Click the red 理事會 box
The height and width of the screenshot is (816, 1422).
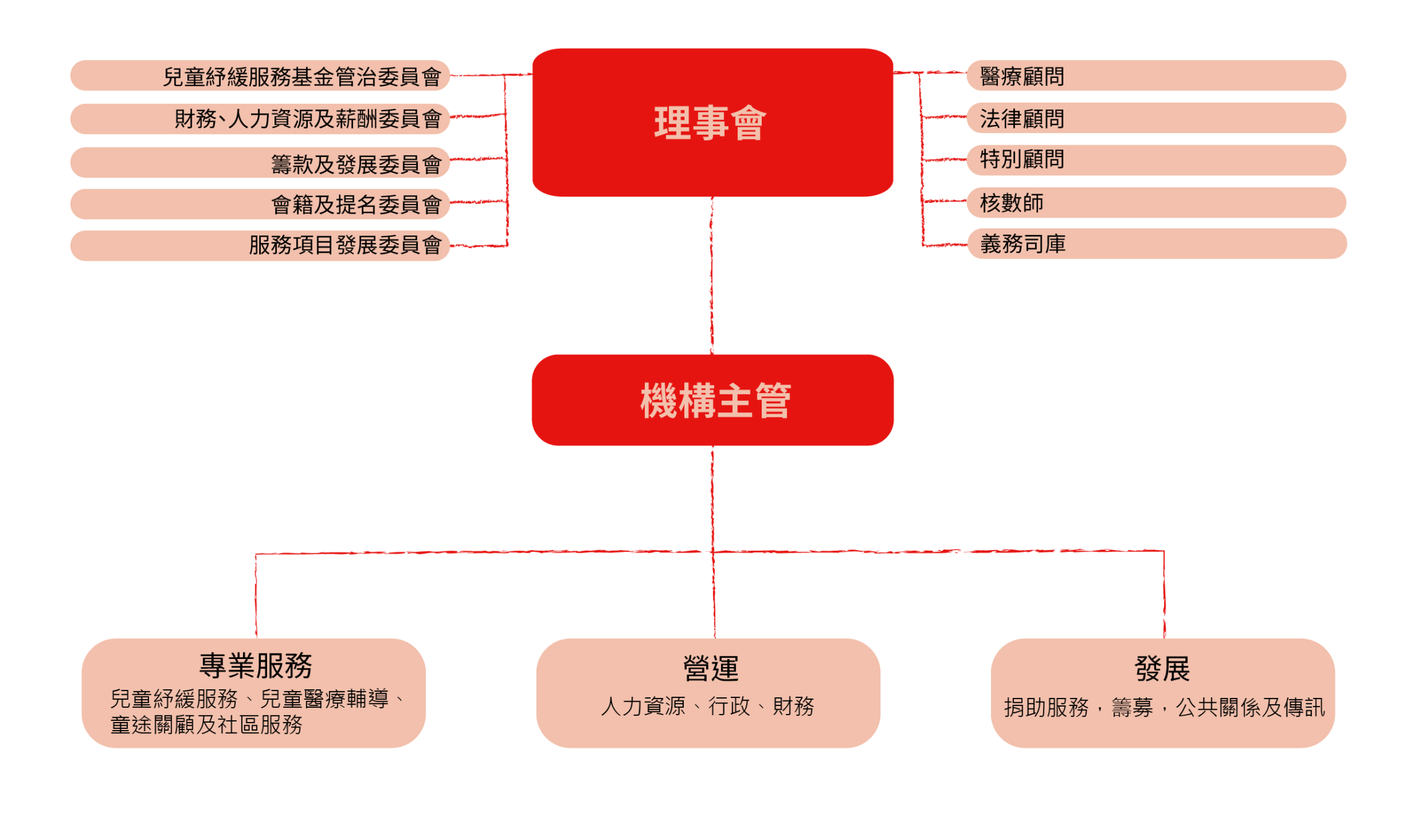coord(712,122)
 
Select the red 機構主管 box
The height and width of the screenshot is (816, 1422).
coord(712,400)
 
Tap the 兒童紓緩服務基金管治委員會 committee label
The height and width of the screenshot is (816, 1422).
coord(302,77)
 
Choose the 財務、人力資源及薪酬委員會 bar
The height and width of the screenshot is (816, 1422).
coord(308,119)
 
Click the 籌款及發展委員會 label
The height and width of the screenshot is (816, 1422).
coord(356,164)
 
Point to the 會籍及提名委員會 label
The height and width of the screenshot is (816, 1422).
coord(356,204)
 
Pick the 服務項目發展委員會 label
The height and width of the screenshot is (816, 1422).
coord(345,245)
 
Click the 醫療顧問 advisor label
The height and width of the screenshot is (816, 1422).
coord(1022,77)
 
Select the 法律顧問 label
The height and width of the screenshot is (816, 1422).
coord(1022,119)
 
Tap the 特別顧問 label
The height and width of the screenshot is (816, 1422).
coord(1022,159)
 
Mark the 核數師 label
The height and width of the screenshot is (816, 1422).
coord(1011,203)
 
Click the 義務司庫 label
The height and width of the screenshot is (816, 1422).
coord(1023,244)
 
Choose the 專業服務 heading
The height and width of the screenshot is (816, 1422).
coord(255,666)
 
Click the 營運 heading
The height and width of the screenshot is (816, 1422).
coord(710,668)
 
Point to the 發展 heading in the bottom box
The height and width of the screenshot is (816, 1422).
coord(1162,668)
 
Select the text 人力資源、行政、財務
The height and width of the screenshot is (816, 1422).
coord(707,706)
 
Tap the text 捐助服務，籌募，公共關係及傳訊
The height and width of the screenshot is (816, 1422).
coord(1164,707)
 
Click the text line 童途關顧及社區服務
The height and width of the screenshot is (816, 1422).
coord(206,725)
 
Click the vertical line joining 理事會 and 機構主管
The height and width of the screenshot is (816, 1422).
coord(712,275)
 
